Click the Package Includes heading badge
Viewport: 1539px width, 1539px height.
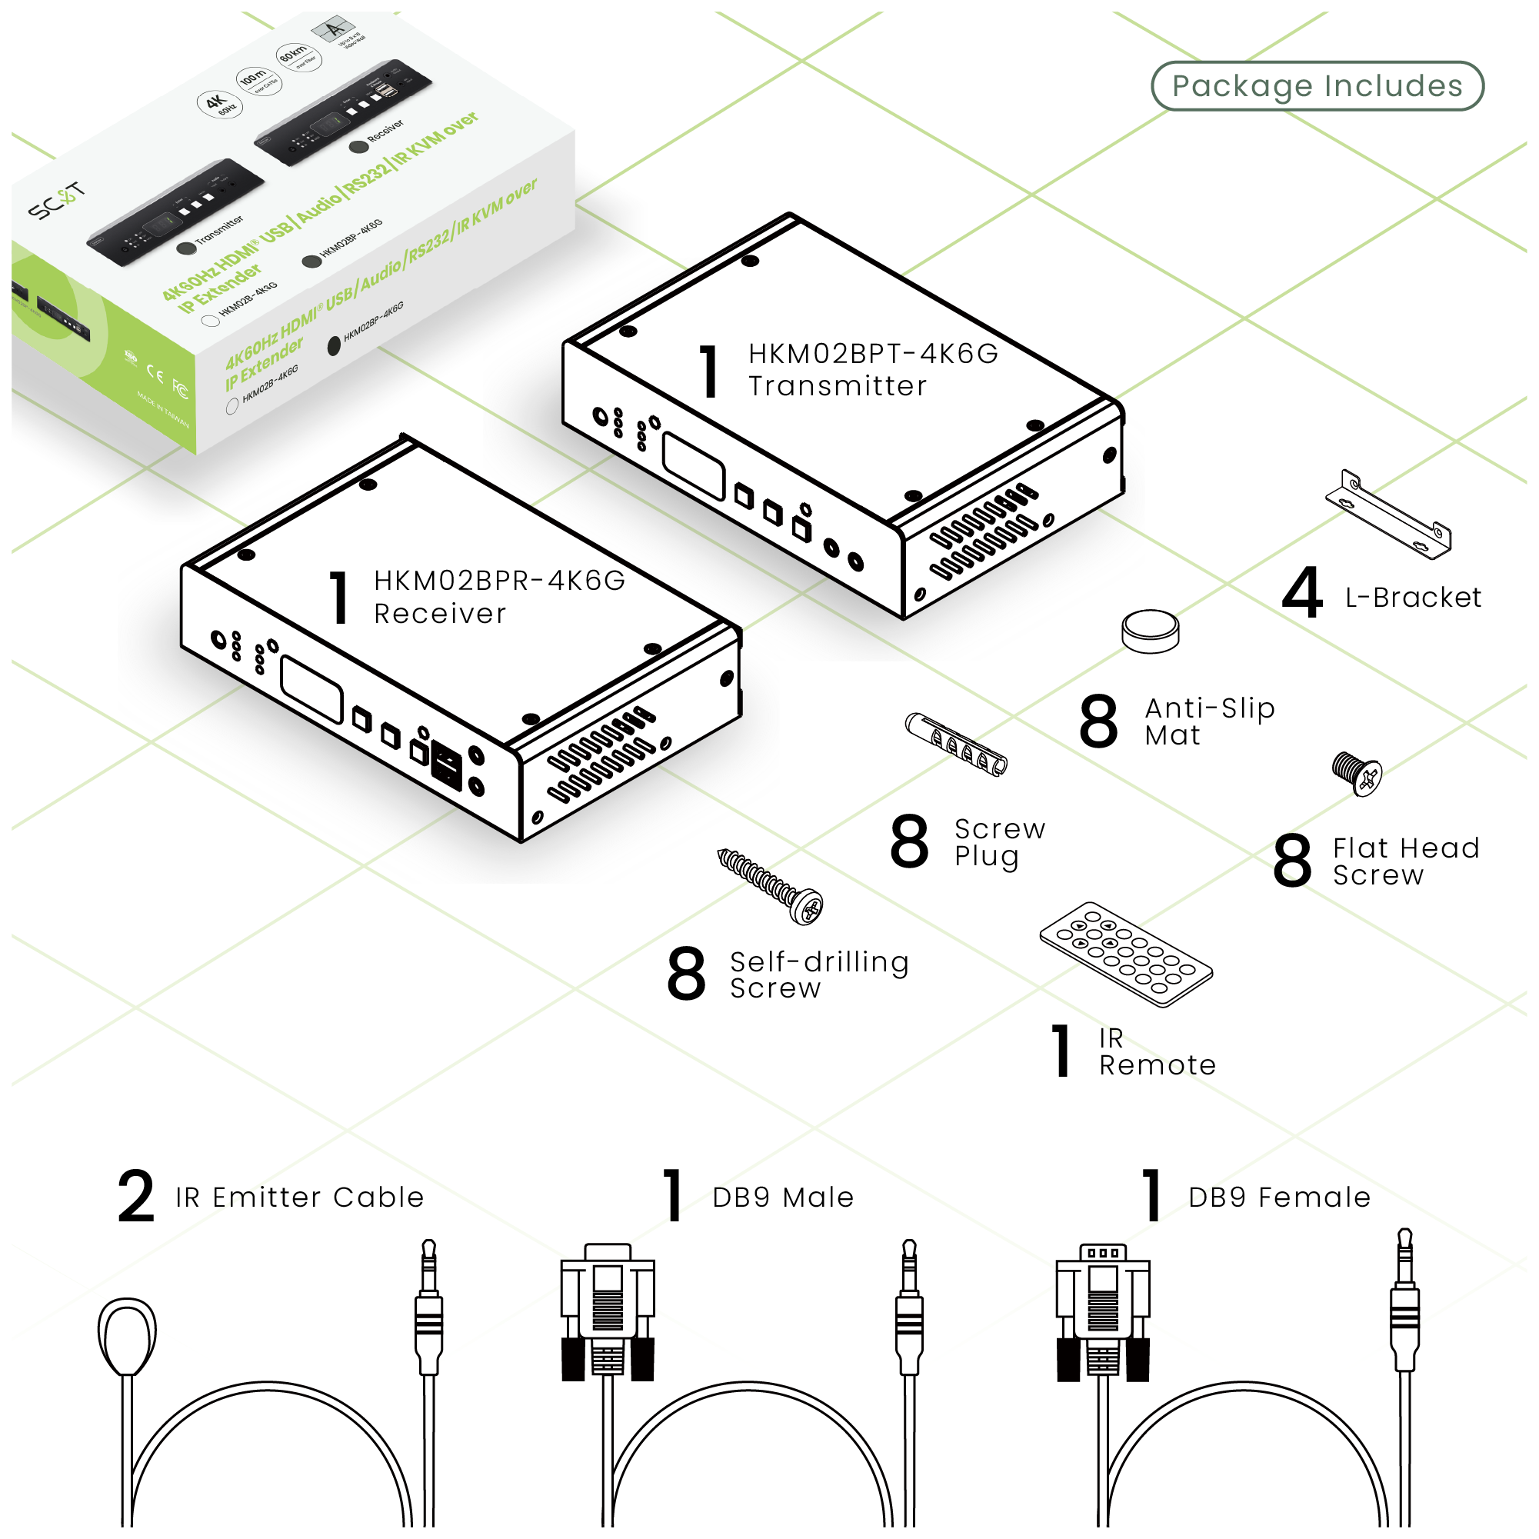point(1317,86)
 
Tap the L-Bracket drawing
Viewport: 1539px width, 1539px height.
point(1387,516)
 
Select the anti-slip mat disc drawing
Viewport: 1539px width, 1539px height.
point(1151,631)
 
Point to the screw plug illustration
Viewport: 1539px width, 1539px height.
point(956,744)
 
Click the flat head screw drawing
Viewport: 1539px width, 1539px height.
point(1357,773)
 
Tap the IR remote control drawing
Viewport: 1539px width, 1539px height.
point(1125,954)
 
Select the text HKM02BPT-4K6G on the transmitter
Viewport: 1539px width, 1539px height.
point(873,354)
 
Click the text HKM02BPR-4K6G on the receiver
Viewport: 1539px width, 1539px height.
point(499,581)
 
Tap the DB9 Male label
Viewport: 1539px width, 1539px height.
point(783,1198)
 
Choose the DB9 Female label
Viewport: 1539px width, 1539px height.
point(1279,1198)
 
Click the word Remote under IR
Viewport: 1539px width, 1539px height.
point(1158,1065)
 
